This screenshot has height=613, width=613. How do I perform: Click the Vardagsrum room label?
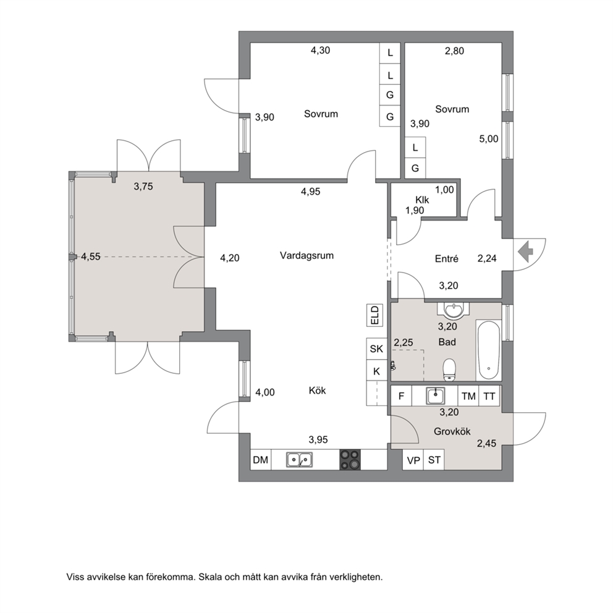[307, 256]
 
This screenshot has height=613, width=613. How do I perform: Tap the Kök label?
[317, 391]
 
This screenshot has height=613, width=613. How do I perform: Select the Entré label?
[446, 258]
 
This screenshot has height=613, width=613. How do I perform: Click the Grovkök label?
[452, 431]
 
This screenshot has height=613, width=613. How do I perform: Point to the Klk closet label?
[422, 200]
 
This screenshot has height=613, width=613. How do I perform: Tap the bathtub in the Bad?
[488, 350]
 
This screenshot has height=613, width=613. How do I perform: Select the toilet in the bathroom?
[450, 370]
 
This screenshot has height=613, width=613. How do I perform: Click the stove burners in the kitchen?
[350, 459]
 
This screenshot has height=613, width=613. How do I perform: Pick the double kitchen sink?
[300, 460]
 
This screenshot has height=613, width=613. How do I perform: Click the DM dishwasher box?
[261, 460]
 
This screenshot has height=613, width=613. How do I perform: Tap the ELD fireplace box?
[375, 315]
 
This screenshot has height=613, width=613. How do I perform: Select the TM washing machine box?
[468, 397]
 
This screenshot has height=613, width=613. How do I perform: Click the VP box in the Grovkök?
[413, 460]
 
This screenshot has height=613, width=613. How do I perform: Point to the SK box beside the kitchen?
[376, 349]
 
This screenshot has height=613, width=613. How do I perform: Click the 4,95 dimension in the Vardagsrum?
[310, 192]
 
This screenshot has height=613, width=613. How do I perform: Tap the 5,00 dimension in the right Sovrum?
[489, 139]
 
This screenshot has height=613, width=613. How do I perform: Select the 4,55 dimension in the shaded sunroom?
[91, 257]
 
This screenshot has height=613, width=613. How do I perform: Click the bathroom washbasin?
[454, 310]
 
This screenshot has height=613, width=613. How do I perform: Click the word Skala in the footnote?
[209, 577]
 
